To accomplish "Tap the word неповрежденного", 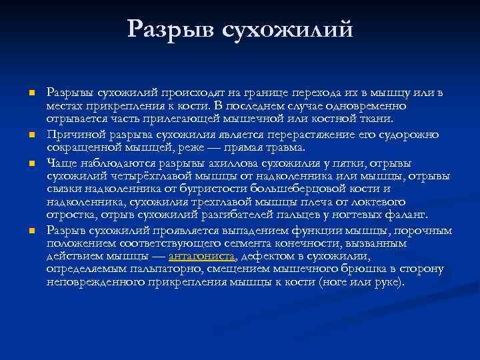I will [93, 282].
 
